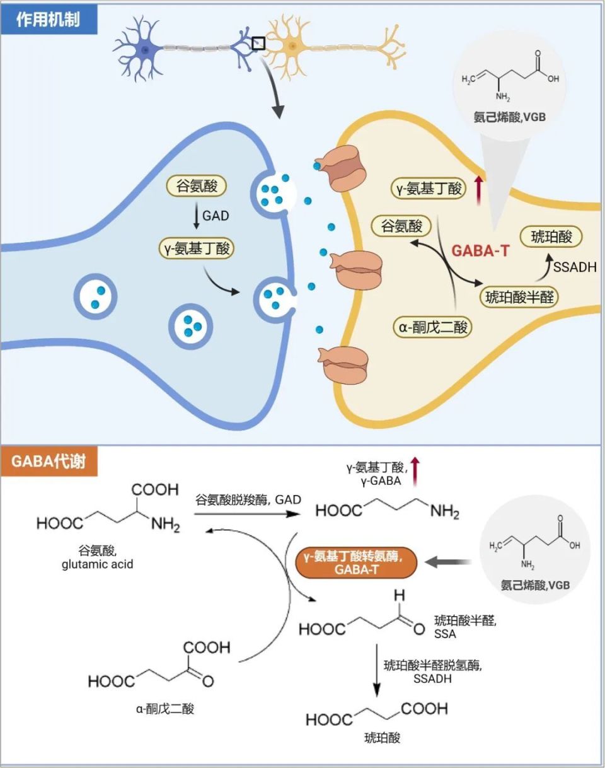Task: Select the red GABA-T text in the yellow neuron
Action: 480,250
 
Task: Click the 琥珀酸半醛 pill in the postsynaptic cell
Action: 520,296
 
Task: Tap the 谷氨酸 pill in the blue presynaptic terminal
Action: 196,187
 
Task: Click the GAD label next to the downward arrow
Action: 216,216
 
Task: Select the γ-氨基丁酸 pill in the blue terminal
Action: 196,248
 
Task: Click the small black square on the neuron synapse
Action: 258,43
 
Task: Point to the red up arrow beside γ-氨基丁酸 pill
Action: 478,188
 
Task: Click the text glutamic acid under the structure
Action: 97,564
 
